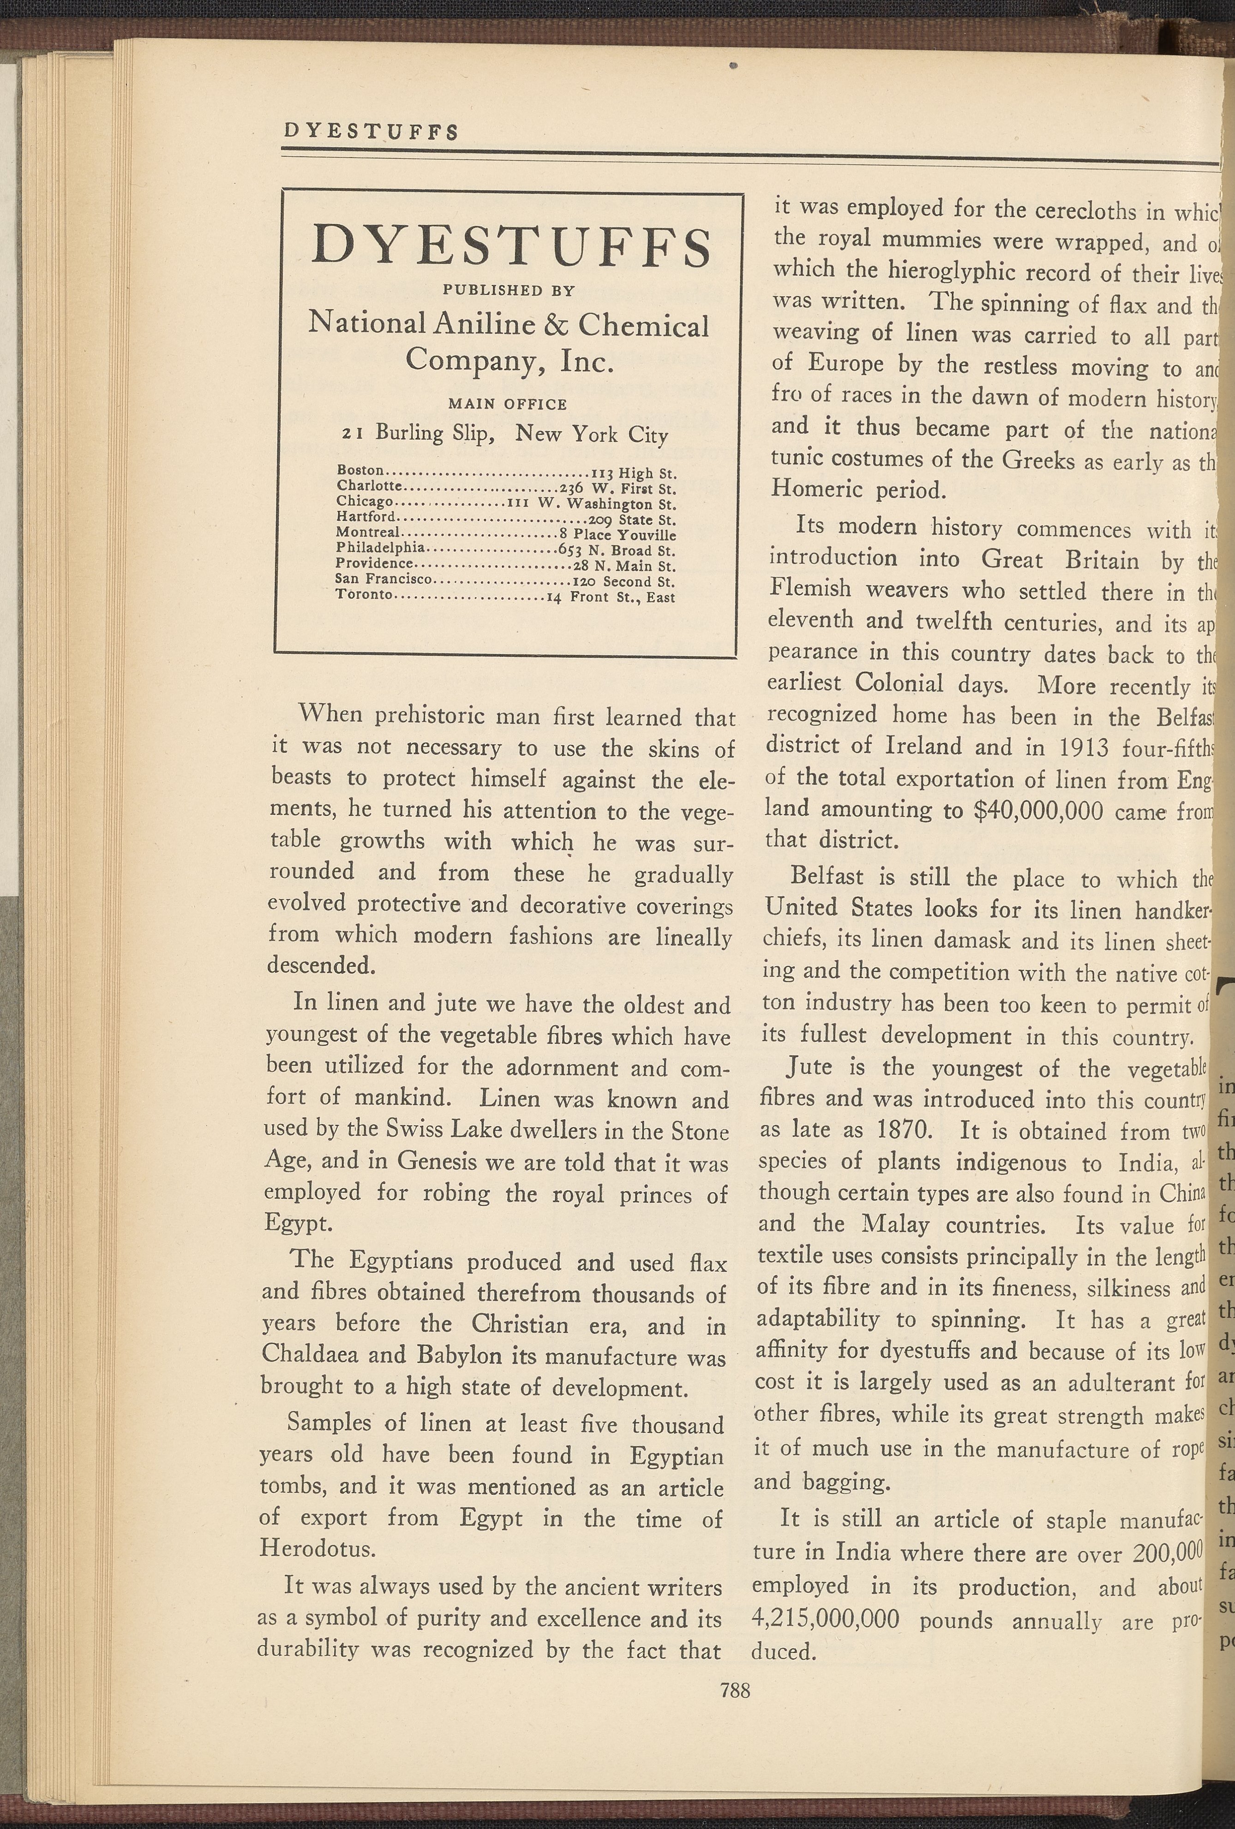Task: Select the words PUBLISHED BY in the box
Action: (x=509, y=290)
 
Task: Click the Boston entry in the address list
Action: (x=360, y=471)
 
